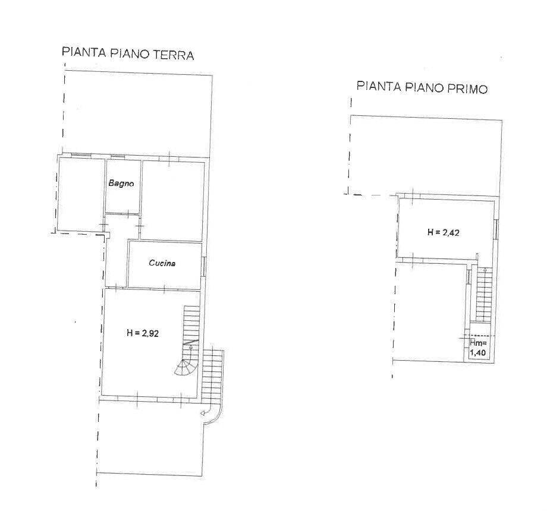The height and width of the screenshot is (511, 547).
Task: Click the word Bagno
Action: (x=121, y=184)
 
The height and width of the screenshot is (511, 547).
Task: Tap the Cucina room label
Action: (x=162, y=263)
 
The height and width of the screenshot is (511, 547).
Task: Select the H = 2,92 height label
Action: (x=143, y=333)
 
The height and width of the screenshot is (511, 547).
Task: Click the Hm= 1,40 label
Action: (x=478, y=348)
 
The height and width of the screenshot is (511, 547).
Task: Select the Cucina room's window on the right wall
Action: (x=203, y=266)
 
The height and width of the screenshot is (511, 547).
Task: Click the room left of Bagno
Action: (x=81, y=194)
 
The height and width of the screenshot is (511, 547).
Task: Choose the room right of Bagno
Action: (x=172, y=200)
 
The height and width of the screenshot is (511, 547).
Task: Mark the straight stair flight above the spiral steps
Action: (x=191, y=324)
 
